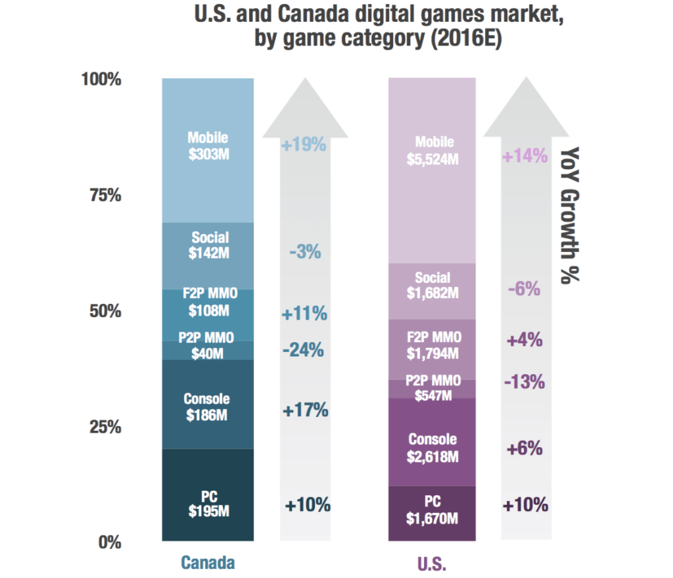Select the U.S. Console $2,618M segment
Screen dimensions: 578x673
[x=433, y=447]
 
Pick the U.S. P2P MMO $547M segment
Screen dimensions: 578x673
[x=433, y=389]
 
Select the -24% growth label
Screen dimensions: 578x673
[x=303, y=350]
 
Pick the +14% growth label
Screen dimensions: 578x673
[x=524, y=157]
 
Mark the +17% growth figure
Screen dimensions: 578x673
[x=305, y=410]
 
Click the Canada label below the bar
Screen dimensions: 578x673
[x=208, y=563]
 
